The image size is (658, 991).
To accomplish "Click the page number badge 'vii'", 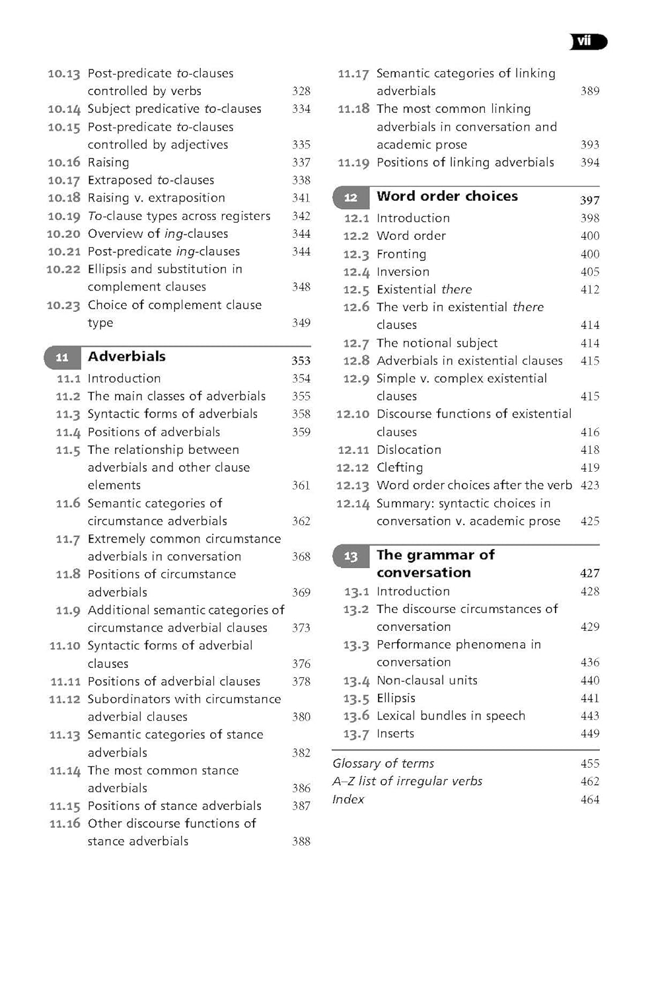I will [587, 42].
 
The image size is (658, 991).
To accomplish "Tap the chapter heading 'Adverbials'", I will [127, 357].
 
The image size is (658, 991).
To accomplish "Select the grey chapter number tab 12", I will [351, 198].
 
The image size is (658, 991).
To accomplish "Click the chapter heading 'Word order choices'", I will [447, 196].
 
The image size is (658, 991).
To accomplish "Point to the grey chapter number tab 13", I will [351, 556].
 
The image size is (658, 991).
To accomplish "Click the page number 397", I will [590, 200].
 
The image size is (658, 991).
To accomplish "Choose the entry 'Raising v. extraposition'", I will [157, 198].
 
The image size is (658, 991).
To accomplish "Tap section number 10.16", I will [63, 163].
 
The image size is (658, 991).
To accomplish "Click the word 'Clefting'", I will [400, 468].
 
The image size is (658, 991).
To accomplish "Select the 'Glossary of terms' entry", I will [383, 764].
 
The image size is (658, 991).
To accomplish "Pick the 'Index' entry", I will [348, 799].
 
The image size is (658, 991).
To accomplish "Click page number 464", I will [590, 800].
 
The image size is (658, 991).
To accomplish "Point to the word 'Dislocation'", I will [409, 450].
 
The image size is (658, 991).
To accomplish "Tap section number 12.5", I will [356, 290].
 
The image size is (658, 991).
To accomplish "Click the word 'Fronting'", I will [401, 254].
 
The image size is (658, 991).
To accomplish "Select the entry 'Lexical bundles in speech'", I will [451, 716].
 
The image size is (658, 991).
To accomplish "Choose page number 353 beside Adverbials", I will [301, 361].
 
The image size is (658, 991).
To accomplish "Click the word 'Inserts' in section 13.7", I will [395, 734].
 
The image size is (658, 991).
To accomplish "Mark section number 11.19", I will [353, 163].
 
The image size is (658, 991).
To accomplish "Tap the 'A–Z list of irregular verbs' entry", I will [408, 782].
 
